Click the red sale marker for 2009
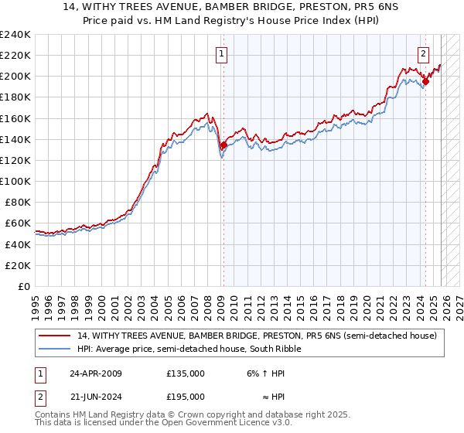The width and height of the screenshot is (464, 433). (x=223, y=145)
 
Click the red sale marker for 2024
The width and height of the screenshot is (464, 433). (x=425, y=81)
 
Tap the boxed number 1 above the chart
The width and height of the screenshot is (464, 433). (x=222, y=54)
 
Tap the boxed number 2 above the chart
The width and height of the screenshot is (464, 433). (x=424, y=54)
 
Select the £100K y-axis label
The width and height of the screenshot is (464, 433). (x=15, y=181)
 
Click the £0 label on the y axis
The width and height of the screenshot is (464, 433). (x=23, y=286)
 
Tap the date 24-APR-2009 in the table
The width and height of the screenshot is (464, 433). (x=95, y=373)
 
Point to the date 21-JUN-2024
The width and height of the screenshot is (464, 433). (x=95, y=399)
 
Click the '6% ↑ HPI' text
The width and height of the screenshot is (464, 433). (x=266, y=373)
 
